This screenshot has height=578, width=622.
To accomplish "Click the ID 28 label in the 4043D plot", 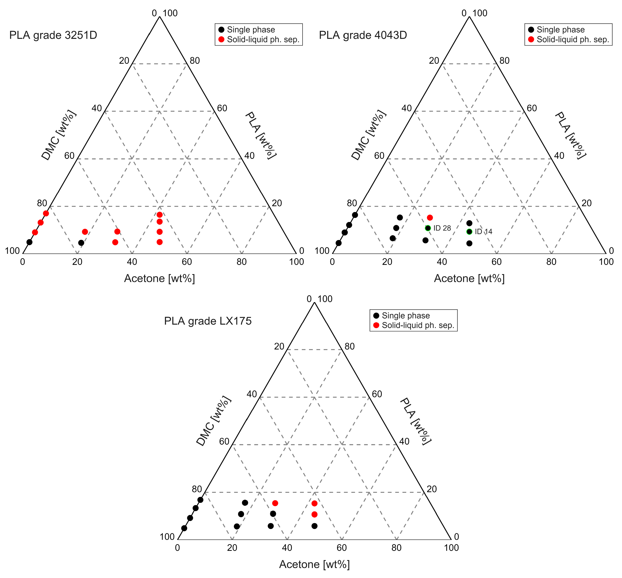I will coord(442,228).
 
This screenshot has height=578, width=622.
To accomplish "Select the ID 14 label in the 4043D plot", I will coord(483,232).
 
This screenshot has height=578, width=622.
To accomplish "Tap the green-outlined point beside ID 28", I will coord(428,228).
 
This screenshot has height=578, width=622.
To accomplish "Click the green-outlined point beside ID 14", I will coord(469,232).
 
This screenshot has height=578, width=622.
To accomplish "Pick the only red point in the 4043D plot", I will coord(430,218).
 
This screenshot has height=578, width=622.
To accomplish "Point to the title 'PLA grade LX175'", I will coord(208,321).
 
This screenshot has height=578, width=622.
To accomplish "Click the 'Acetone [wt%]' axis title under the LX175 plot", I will coord(314,564).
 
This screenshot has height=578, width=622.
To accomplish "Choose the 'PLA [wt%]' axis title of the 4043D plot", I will coord(571,135).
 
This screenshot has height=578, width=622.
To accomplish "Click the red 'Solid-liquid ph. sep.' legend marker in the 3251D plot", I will coord(222,40).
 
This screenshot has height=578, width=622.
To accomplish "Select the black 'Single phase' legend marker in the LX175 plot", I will coord(376,316).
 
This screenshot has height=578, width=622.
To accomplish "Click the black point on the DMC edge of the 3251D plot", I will coord(29,242).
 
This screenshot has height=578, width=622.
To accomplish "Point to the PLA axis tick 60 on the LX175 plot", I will coord(377,394).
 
